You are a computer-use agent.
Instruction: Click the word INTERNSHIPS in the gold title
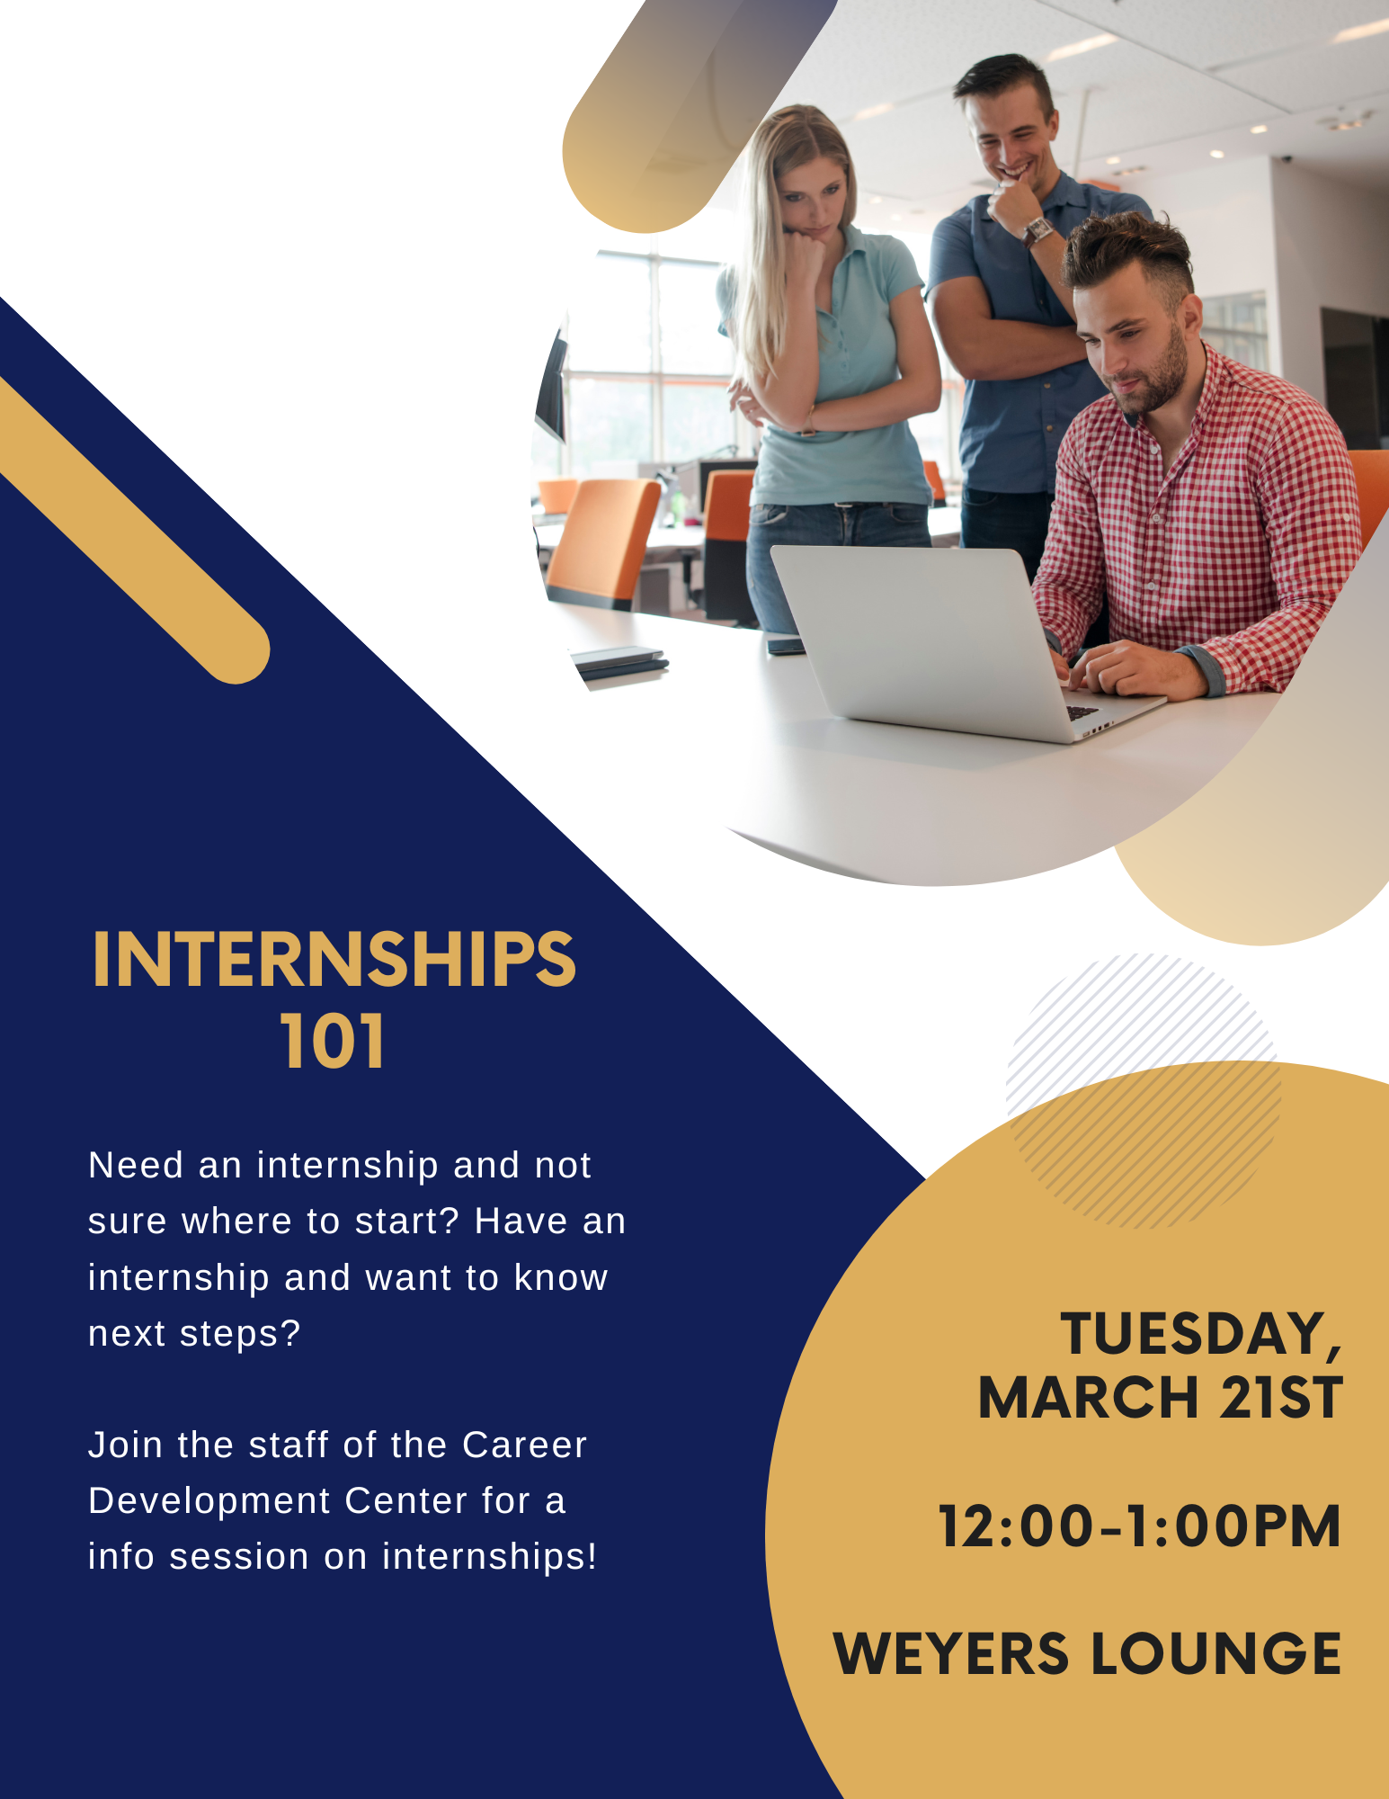coord(334,960)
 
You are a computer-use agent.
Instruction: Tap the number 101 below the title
coord(333,1041)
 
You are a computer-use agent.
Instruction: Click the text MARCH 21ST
coord(1161,1398)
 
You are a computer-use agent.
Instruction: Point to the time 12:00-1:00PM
coord(1140,1526)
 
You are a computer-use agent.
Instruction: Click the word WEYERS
coord(952,1654)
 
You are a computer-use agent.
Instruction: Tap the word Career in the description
coord(524,1445)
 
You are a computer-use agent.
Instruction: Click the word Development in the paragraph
coord(209,1501)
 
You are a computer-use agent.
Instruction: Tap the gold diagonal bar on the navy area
coord(135,531)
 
